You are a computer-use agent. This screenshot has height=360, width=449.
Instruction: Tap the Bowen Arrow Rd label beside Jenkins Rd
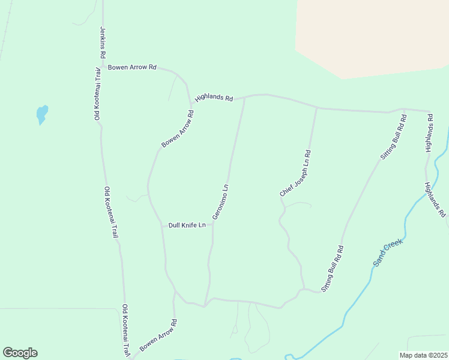tap(132, 67)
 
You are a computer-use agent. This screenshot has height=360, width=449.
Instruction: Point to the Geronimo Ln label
tap(220, 202)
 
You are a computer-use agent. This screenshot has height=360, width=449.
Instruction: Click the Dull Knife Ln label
tap(187, 225)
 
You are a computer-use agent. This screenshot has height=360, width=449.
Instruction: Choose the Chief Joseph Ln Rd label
tap(295, 173)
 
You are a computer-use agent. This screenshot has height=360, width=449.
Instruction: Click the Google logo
tap(20, 352)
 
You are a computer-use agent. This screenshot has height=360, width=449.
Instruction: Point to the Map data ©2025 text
tap(423, 355)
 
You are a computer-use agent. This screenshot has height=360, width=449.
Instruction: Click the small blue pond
tap(41, 113)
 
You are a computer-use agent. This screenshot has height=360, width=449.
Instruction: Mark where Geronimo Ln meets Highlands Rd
tap(244, 97)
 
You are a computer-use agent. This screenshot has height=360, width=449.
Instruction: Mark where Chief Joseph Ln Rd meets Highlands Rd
tap(317, 108)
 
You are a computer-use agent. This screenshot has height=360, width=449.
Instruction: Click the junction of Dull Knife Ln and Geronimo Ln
tap(212, 226)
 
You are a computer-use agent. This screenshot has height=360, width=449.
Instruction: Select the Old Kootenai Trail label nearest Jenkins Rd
tap(97, 94)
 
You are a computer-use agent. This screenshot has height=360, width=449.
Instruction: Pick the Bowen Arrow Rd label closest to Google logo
tap(158, 335)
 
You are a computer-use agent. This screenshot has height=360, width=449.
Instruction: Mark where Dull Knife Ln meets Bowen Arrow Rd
tap(161, 226)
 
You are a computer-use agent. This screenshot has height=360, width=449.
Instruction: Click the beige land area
tap(372, 36)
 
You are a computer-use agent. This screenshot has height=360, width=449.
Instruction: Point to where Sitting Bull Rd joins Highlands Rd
tap(405, 110)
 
